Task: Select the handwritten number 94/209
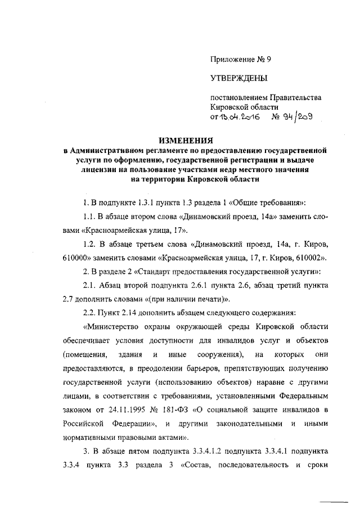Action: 292,117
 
